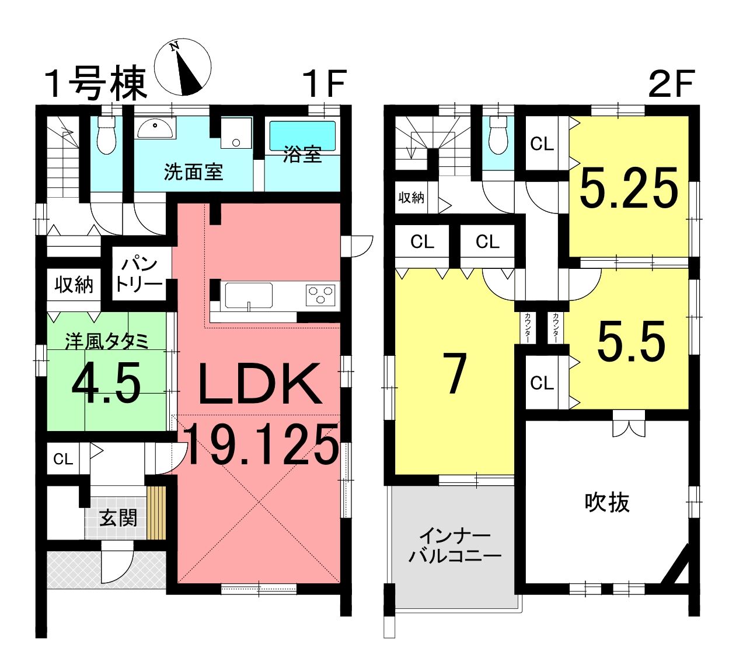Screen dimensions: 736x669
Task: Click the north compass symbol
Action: pos(183,67)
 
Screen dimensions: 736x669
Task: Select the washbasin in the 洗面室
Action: pos(155,128)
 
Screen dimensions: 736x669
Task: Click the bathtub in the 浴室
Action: pos(303,136)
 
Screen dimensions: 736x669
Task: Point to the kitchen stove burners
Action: pos(320,295)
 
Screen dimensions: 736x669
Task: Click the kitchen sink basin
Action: pos(249,296)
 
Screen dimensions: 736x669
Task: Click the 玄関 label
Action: pos(118,518)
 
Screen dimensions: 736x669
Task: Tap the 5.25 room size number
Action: pos(629,188)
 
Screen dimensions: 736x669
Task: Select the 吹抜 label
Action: pos(607,503)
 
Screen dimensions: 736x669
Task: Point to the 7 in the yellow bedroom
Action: pos(455,373)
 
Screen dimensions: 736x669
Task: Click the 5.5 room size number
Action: pos(631,340)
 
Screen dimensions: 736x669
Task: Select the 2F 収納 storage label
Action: pos(411,198)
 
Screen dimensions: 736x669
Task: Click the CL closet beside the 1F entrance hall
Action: pos(63,459)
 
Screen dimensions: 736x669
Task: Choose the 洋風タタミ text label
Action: pos(107,341)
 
